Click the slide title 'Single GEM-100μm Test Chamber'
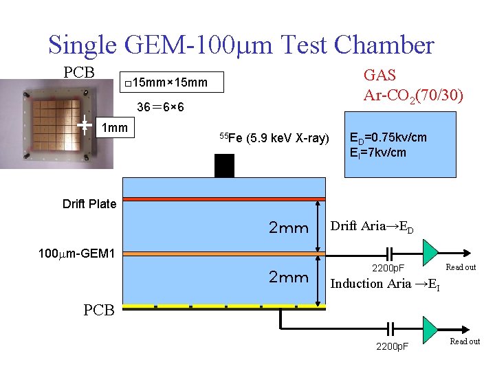241,45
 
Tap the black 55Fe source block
224,166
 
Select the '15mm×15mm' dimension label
169,83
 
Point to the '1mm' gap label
114,127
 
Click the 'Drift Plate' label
89,203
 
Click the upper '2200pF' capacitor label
388,268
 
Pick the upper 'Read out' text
461,267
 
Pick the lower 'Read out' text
465,341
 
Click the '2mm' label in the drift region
288,228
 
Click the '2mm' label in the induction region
288,277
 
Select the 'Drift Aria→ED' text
372,227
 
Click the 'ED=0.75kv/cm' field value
388,137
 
